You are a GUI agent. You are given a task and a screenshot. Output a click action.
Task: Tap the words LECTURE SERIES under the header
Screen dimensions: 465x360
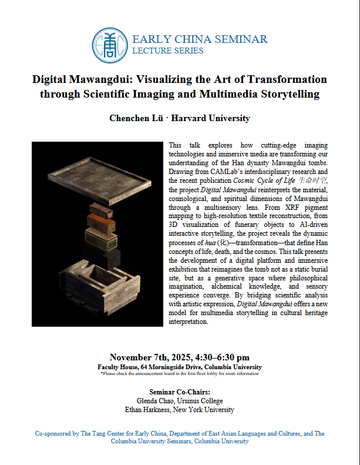(x=168, y=51)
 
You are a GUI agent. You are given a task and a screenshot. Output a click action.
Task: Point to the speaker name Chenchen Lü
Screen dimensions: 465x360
(x=136, y=118)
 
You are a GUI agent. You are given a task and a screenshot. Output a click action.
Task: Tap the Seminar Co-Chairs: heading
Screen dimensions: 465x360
(x=179, y=392)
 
